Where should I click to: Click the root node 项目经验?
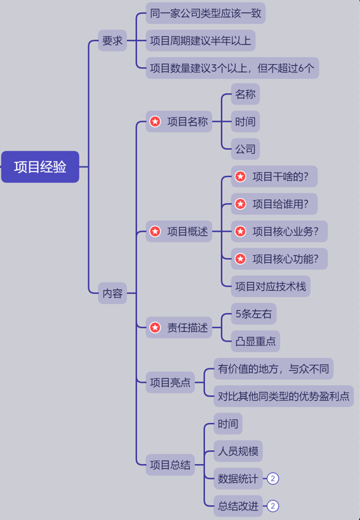coord(40,167)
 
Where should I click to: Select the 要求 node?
coord(112,41)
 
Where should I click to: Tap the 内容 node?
coord(112,293)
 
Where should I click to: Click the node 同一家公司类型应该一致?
coord(205,13)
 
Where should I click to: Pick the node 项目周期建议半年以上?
coord(200,41)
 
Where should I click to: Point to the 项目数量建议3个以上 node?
coord(232,68)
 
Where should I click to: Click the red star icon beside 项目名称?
coord(155,121)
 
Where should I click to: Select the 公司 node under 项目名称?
coord(245,149)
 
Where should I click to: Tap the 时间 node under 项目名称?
coord(245,121)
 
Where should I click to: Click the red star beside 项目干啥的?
coord(240,177)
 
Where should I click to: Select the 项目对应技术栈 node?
coord(270,286)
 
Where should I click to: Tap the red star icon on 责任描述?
coord(155,328)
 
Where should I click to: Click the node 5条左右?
coord(253,314)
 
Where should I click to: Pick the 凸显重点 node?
coord(255,342)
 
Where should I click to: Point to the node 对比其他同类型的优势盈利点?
coord(283,396)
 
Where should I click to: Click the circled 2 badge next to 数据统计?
coord(273,479)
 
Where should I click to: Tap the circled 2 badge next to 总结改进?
coord(273,506)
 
